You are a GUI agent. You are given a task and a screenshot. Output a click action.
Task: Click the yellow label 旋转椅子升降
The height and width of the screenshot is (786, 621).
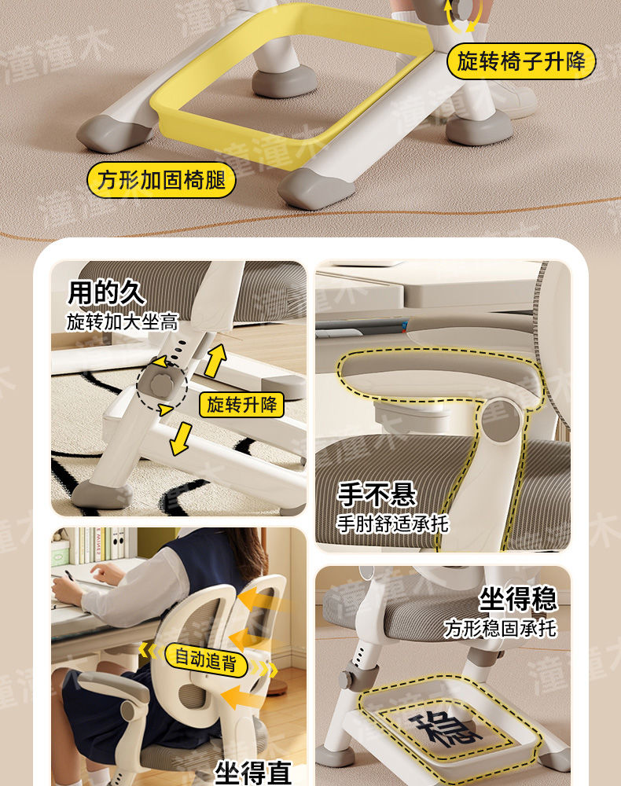(520, 61)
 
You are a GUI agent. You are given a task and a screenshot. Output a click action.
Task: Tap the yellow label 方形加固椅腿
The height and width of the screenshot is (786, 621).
(161, 180)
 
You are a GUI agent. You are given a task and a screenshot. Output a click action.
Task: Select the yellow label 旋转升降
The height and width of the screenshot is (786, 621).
(241, 404)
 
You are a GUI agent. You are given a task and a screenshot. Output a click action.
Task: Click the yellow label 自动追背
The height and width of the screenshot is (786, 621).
(205, 659)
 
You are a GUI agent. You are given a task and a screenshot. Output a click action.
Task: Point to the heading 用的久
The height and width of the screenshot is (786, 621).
(107, 292)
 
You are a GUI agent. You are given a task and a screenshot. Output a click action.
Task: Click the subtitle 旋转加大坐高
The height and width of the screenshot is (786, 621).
(123, 321)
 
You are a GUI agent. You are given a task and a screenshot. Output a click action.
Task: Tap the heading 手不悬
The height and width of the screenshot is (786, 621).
(377, 494)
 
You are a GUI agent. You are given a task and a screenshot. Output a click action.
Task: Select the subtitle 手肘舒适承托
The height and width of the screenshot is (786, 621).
(392, 523)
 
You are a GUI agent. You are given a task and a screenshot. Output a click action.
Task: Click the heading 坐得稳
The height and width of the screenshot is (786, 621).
(518, 599)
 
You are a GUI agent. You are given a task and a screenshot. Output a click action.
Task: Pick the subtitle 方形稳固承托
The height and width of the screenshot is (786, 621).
(500, 628)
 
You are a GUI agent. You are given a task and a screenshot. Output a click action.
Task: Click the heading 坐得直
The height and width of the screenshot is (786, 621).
(253, 773)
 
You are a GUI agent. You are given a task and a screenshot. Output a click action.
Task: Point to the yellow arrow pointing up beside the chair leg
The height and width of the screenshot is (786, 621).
(215, 360)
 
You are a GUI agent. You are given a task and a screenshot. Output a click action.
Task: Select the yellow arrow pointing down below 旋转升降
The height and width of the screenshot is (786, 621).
(181, 439)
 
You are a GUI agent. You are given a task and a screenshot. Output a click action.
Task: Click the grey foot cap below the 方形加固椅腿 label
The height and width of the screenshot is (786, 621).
(318, 189)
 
